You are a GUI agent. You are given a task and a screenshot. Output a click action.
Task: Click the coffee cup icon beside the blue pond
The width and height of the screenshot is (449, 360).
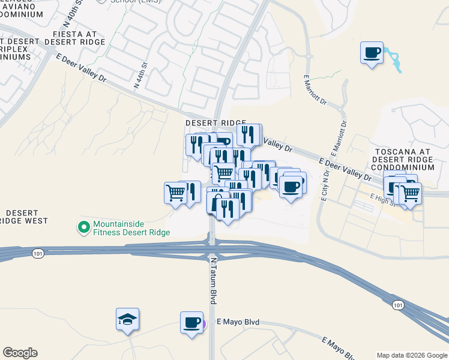(372, 52)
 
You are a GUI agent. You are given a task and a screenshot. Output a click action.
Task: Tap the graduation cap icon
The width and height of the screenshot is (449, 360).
(128, 319)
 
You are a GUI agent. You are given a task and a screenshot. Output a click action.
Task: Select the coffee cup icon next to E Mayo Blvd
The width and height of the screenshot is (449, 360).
(192, 323)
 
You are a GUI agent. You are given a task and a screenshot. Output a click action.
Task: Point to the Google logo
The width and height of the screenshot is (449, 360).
(20, 353)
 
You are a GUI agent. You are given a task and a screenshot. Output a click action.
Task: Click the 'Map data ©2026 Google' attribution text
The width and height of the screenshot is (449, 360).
(412, 355)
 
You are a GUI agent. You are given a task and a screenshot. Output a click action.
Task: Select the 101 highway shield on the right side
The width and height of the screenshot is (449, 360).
(397, 305)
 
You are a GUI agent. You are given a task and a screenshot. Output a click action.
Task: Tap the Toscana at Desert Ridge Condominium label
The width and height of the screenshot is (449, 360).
(402, 159)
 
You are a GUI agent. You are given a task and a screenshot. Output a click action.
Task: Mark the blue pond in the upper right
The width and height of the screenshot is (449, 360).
(395, 60)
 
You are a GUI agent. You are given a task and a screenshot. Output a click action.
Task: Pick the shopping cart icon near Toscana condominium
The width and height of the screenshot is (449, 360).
(410, 193)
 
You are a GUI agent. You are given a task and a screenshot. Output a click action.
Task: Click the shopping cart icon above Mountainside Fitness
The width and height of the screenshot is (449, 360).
(175, 193)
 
